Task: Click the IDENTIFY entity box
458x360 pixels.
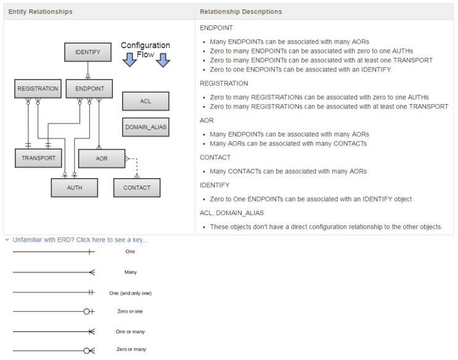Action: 88,52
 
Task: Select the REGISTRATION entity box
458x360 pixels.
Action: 38,89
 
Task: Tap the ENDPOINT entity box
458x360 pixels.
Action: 89,89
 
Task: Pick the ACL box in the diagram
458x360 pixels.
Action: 145,101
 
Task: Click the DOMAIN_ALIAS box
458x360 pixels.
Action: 145,127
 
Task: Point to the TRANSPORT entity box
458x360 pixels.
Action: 38,158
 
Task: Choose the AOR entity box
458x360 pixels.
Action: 102,158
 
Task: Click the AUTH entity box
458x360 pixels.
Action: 75,187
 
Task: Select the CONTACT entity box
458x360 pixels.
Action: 137,187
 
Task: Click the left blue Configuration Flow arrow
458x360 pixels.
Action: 129,60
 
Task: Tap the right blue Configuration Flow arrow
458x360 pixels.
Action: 163,60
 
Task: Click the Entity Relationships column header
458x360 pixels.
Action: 40,12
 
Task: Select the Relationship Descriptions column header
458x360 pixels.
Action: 241,12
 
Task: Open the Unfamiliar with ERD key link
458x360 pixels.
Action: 80,240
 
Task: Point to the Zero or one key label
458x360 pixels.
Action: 130,311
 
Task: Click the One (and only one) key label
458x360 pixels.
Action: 130,293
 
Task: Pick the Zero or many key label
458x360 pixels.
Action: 131,349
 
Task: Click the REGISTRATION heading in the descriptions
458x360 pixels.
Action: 224,83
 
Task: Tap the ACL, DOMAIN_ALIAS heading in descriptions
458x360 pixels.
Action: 232,213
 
